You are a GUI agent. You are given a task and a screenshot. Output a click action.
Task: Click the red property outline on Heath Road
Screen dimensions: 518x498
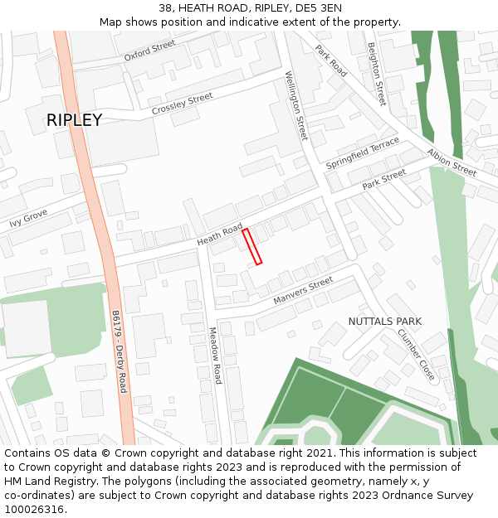pos(251,247)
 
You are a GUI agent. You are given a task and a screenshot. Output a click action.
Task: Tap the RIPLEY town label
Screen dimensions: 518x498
pos(74,120)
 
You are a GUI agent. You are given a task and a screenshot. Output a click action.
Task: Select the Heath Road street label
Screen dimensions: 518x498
pos(220,234)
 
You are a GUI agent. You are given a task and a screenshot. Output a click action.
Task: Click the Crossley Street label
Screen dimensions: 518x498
pos(182,104)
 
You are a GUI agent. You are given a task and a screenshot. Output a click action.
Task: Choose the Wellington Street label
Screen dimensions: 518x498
pos(296,105)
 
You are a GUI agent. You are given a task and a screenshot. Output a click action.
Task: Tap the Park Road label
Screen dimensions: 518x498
pos(330,61)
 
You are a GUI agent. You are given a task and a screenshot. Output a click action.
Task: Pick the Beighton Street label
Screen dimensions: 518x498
pos(377,74)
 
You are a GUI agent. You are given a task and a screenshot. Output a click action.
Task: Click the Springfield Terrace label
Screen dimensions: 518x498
pos(363,153)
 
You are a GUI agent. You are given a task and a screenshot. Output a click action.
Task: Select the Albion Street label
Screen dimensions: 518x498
pos(452,162)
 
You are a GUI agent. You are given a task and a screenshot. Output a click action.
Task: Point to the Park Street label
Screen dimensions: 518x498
pos(384,178)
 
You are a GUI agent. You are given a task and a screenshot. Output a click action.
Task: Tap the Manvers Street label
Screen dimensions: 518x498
pos(303,291)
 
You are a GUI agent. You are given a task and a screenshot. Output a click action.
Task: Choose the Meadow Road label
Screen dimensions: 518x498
pos(214,355)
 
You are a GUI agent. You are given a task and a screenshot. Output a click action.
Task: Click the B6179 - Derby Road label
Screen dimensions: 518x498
pos(119,351)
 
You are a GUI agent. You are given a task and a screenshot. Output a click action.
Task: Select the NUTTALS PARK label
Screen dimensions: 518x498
pos(384,321)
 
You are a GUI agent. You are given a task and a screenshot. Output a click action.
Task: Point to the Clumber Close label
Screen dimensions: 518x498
pos(415,355)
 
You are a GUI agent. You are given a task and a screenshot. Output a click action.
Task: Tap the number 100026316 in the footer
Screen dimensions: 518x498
pos(34,509)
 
